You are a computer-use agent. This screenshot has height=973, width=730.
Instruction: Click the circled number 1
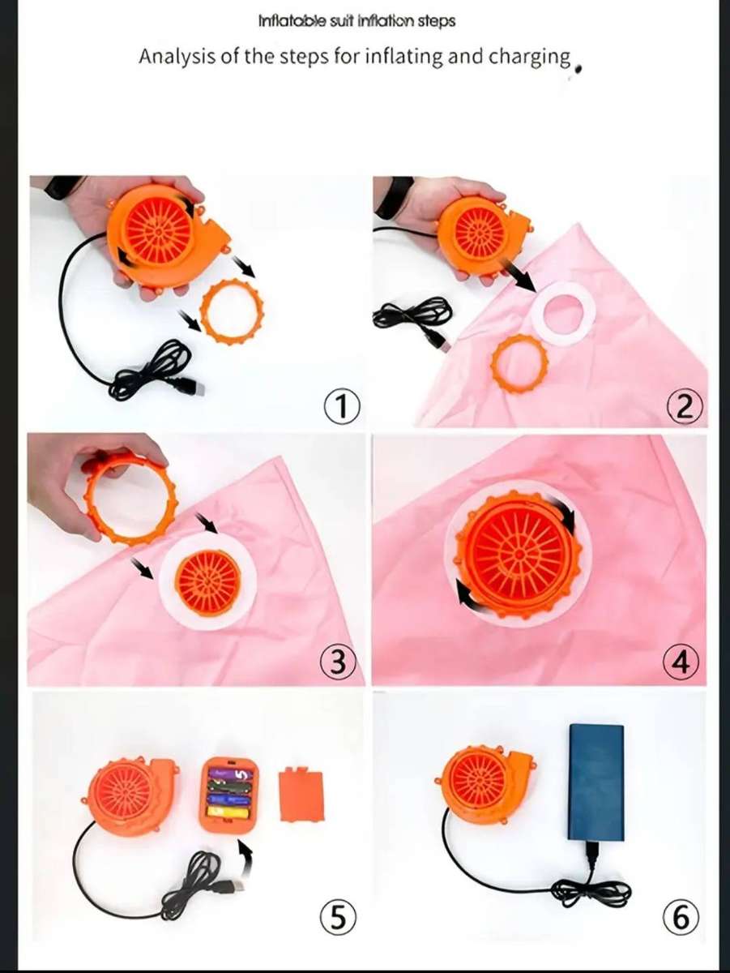[x=340, y=405]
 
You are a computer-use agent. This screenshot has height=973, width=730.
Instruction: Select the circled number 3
[x=338, y=663]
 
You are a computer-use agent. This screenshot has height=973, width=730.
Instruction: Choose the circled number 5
[x=339, y=918]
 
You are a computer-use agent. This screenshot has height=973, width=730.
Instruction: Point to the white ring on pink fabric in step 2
[x=561, y=314]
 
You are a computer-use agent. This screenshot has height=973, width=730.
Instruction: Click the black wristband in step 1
[x=61, y=190]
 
